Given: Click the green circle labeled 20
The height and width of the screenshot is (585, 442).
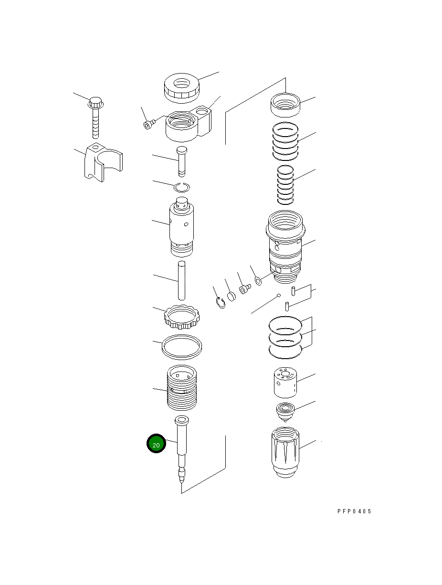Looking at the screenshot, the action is pyautogui.click(x=156, y=443).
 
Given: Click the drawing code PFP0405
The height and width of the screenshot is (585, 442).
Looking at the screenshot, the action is pyautogui.click(x=354, y=511).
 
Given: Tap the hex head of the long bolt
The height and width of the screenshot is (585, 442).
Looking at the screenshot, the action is pyautogui.click(x=95, y=103).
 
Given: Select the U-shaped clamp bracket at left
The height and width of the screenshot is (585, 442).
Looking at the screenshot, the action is pyautogui.click(x=103, y=162).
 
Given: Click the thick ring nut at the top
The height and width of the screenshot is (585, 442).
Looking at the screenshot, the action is pyautogui.click(x=181, y=88).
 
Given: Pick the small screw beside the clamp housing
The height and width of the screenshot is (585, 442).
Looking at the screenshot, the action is pyautogui.click(x=149, y=124).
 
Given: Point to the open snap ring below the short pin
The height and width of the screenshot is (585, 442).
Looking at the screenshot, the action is pyautogui.click(x=182, y=187).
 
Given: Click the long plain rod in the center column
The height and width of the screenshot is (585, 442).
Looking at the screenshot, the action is pyautogui.click(x=181, y=280).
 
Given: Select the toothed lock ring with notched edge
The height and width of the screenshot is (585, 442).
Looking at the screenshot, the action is pyautogui.click(x=182, y=317).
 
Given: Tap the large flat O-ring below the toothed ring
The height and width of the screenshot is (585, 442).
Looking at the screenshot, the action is pyautogui.click(x=182, y=347).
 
